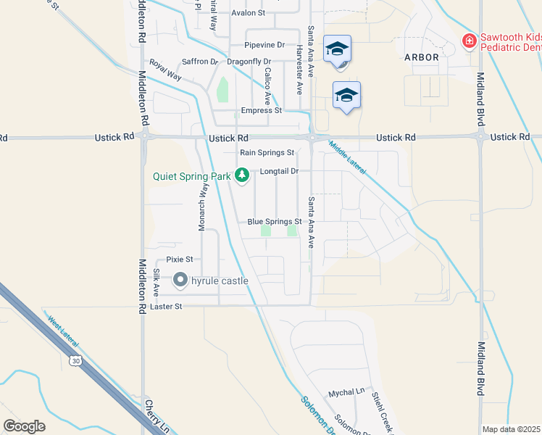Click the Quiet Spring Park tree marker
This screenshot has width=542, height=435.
click(243, 175)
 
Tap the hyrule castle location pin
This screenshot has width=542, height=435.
click(180, 280)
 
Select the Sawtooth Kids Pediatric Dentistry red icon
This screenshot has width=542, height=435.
click(470, 41)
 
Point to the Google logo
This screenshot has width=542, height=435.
click(24, 426)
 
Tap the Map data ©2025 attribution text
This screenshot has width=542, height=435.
click(512, 429)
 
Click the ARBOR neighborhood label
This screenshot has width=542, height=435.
click(421, 57)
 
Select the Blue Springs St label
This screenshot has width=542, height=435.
click(274, 222)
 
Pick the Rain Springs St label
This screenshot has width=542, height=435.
click(267, 153)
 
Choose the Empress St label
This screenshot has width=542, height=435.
click(261, 111)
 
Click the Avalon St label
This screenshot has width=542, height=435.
click(249, 13)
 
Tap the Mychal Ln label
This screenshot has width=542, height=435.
click(346, 391)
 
